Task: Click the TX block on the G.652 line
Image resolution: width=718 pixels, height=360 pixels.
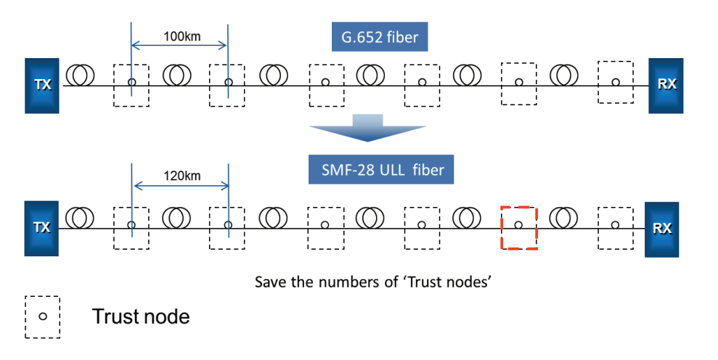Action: click(x=41, y=85)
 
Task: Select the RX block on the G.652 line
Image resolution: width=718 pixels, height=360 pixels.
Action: click(x=666, y=85)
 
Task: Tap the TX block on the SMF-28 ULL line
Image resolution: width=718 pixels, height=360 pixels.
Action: click(x=41, y=228)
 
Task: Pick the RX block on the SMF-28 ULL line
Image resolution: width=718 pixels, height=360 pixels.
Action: click(x=661, y=229)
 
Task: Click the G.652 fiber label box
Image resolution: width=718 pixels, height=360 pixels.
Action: click(x=380, y=36)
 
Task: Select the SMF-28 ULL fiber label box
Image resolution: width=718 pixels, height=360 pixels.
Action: click(x=381, y=169)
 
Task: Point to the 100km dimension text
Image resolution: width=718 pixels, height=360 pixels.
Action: click(x=181, y=36)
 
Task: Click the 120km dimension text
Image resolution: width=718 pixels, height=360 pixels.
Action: click(x=181, y=176)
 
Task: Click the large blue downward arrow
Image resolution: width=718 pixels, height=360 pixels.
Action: click(x=367, y=128)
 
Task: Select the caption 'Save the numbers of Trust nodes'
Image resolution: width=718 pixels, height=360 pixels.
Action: click(x=372, y=281)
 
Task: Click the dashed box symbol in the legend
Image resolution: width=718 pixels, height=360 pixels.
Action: click(x=25, y=317)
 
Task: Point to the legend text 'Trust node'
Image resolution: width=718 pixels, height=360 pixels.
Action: click(x=141, y=316)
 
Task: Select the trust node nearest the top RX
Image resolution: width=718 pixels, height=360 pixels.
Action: click(x=598, y=83)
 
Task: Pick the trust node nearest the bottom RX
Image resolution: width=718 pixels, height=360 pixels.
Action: click(x=598, y=228)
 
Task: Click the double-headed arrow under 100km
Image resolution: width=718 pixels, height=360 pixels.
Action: click(x=179, y=45)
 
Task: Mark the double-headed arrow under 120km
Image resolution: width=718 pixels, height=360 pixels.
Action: click(x=181, y=186)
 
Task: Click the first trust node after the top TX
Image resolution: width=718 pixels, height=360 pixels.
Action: click(x=114, y=85)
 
